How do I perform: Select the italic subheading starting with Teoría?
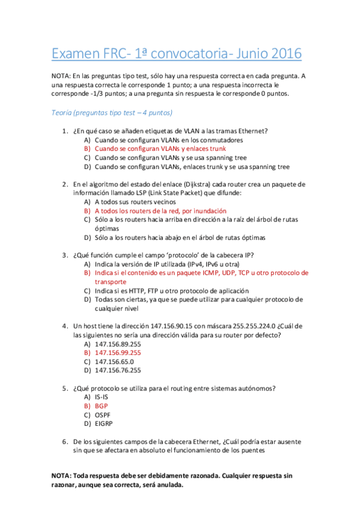pyautogui.click(x=112, y=112)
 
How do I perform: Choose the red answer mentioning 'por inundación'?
pyautogui.click(x=160, y=211)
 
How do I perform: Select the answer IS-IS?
pyautogui.click(x=102, y=397)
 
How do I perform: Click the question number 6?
pyautogui.click(x=65, y=441)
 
